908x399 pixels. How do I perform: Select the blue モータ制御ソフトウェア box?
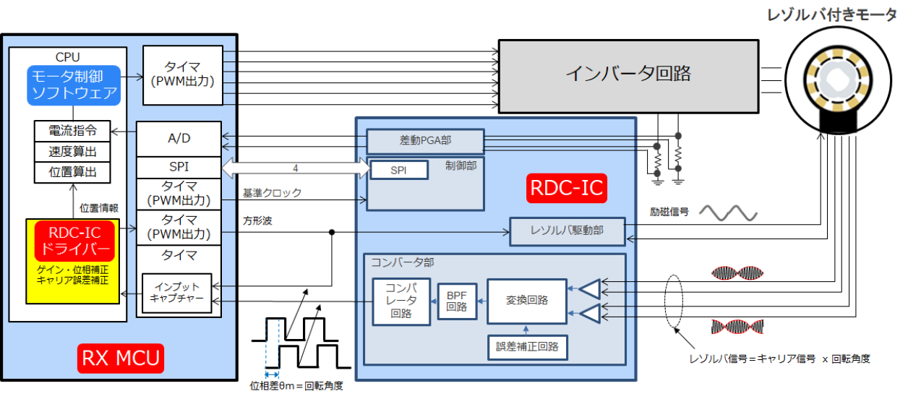point(74,85)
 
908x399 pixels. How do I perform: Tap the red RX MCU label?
point(120,359)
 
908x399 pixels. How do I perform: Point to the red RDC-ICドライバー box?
point(74,241)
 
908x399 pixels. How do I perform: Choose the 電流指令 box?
point(72,131)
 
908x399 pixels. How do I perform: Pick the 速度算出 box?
point(72,152)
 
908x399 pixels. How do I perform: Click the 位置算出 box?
point(72,172)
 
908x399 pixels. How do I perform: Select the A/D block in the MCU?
point(179,138)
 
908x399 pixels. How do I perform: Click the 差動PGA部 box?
point(424,139)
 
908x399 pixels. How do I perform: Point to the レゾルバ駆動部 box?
point(567,230)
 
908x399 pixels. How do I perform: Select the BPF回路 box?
point(456,301)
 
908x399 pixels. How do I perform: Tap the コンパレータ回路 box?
point(401,301)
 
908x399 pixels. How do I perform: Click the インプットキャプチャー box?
point(178,293)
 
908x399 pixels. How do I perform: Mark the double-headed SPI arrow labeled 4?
point(294,168)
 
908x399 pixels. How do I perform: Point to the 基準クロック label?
point(272,193)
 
